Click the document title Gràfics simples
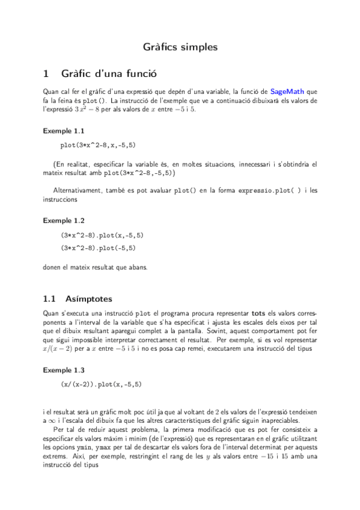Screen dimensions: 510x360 tap(180, 46)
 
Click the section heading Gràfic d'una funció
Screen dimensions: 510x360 tap(108, 74)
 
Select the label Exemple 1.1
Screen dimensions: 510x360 tap(64, 130)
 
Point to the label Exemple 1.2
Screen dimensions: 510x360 tap(64, 221)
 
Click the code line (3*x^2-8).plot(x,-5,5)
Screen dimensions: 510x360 tap(102, 235)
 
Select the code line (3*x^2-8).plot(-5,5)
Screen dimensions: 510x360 tap(98, 247)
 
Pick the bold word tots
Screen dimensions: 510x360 tap(258, 313)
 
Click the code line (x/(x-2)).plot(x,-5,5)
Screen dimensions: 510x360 tap(102, 384)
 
